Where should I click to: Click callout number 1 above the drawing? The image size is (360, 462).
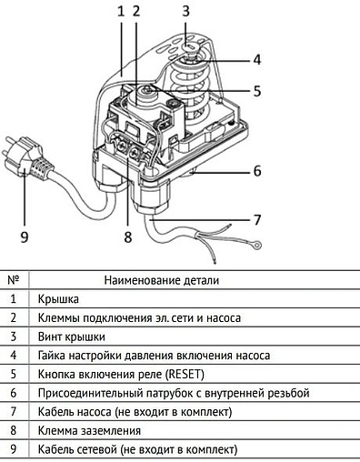[120, 11]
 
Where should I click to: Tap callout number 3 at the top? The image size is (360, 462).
[185, 11]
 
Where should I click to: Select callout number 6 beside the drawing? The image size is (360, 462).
[257, 170]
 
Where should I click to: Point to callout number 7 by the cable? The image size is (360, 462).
[257, 219]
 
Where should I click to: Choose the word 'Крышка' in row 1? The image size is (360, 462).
[58, 298]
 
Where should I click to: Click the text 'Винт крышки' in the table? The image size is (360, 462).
[71, 336]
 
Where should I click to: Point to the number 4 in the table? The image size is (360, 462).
[13, 355]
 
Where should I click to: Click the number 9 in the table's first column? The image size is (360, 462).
[13, 450]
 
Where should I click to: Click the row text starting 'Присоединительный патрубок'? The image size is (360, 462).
[173, 393]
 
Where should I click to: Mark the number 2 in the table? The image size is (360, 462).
[13, 317]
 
